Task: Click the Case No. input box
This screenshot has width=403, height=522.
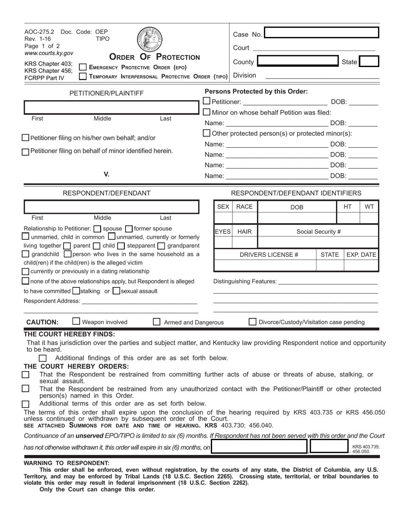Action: [321, 33]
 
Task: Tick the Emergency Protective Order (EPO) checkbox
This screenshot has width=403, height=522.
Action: [83, 67]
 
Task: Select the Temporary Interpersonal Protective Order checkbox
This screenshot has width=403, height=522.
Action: [83, 76]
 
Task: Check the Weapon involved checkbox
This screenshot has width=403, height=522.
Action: [76, 321]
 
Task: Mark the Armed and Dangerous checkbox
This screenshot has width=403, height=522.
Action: [157, 322]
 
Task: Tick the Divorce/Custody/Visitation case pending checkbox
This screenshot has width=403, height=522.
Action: [252, 322]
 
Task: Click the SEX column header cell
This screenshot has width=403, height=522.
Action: [223, 207]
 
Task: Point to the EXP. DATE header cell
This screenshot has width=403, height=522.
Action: [361, 255]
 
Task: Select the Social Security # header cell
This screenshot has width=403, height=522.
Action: [318, 231]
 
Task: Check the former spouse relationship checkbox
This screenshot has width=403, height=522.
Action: [129, 228]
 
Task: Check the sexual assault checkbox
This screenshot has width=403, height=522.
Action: [117, 291]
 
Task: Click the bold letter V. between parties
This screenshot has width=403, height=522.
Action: [106, 174]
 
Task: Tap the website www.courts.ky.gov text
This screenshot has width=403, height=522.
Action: [49, 53]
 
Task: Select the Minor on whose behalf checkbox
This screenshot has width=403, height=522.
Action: [207, 112]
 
